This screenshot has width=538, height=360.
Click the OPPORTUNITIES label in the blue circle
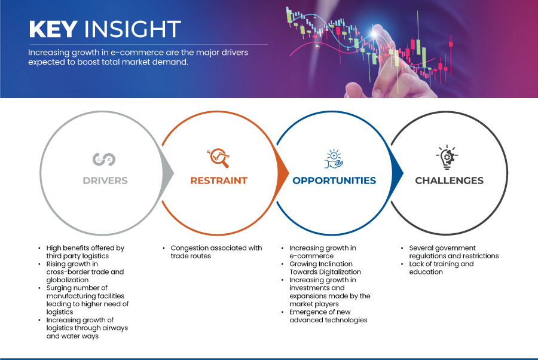coord(334,181)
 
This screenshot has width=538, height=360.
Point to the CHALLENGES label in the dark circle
coord(450,181)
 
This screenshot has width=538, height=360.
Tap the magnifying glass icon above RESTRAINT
coord(219,158)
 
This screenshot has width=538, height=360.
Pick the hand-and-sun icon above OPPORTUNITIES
coord(334,158)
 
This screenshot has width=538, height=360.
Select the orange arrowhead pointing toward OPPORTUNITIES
coord(283,173)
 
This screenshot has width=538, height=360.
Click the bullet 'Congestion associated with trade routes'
coord(216,252)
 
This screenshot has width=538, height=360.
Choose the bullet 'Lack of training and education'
coord(441,268)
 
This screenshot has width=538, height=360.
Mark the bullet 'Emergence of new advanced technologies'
coord(328,316)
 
